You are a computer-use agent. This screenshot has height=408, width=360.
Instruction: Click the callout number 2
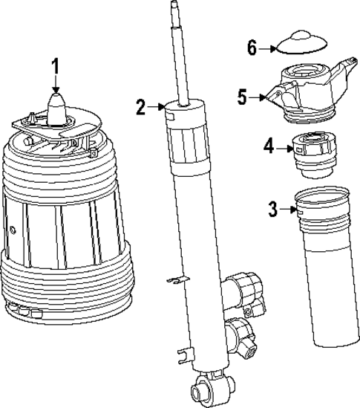point(141,107)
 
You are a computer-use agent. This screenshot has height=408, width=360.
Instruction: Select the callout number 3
point(273,210)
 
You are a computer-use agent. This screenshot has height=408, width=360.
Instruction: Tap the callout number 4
point(268,147)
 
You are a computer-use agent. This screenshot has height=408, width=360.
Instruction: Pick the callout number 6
point(252,48)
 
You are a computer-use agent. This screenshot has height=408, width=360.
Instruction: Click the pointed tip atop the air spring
point(56,100)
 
